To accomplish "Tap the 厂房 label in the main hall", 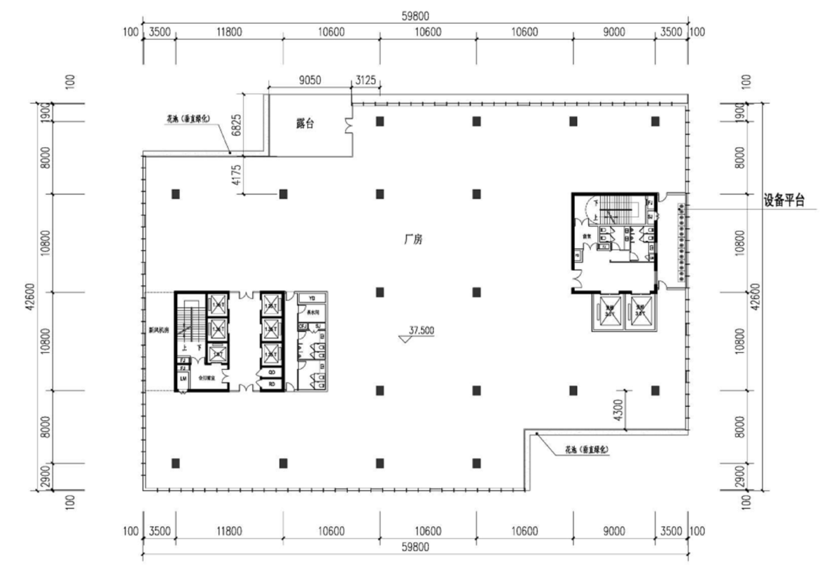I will (412, 242).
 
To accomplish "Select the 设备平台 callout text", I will (783, 201).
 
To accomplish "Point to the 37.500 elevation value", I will (421, 330).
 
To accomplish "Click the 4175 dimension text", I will (236, 175).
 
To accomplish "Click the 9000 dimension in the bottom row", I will (614, 531).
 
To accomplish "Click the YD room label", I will (311, 298).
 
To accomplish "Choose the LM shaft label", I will (183, 379).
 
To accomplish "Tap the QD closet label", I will (272, 372).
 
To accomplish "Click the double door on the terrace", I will (349, 126).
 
